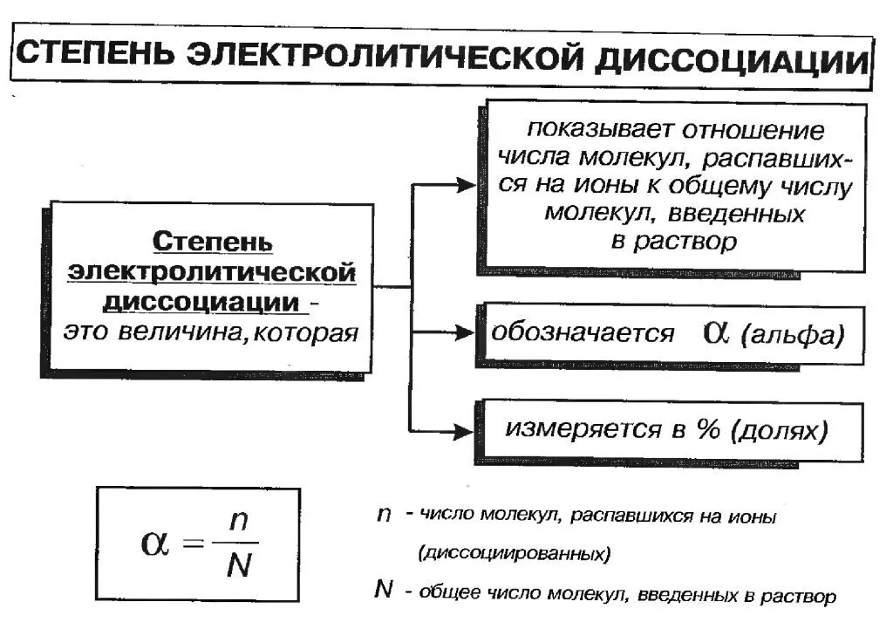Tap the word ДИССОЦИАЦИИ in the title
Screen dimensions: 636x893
coord(732,64)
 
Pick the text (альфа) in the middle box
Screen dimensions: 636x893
coord(791,336)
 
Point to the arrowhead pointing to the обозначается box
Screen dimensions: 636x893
coord(465,333)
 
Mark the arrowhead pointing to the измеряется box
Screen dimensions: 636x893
coord(465,430)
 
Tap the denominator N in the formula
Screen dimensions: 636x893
coord(237,566)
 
